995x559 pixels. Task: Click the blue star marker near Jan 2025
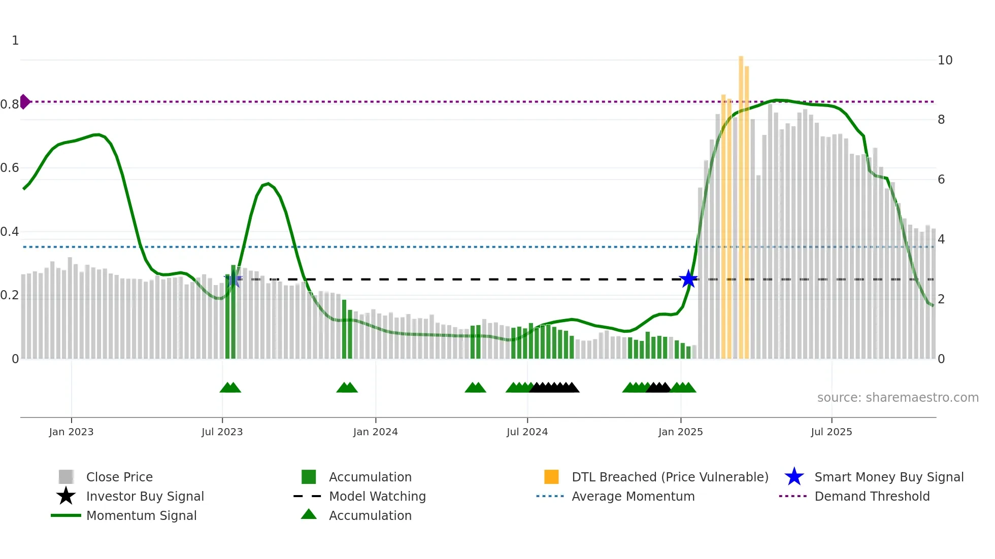click(688, 279)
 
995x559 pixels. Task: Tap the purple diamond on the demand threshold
click(24, 101)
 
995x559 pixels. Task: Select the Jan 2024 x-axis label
click(375, 432)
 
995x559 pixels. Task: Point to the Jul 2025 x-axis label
click(831, 432)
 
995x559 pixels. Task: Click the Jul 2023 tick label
click(222, 432)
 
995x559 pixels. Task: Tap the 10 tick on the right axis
click(945, 60)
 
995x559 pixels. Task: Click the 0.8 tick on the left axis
click(10, 104)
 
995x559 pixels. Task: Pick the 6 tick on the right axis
click(941, 180)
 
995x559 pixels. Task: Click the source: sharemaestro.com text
click(898, 398)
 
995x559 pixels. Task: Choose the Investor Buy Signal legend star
click(66, 496)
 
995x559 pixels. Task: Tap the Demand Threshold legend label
click(872, 496)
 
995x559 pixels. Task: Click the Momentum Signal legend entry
click(141, 515)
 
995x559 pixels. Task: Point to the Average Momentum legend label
click(633, 496)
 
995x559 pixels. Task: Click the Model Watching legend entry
click(377, 496)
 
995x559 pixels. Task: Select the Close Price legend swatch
click(66, 477)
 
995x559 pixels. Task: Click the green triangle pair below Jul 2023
click(230, 388)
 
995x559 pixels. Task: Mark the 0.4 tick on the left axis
click(10, 232)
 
